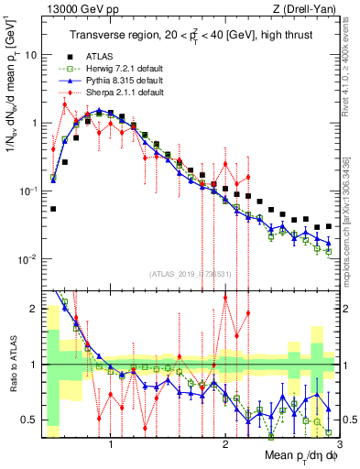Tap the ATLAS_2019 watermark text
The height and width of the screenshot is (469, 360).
189,273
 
